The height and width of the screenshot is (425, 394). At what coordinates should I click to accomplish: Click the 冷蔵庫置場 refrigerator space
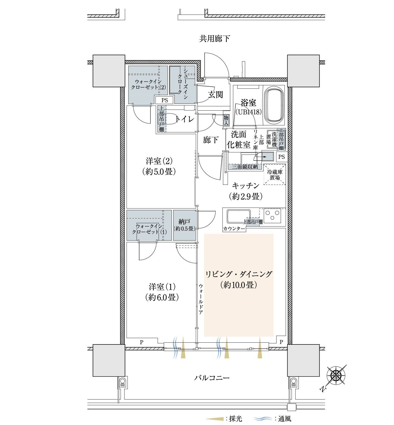(x=275, y=174)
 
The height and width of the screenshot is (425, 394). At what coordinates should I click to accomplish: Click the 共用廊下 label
(x=214, y=39)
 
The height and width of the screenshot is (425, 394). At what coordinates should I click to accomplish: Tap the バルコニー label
(x=212, y=378)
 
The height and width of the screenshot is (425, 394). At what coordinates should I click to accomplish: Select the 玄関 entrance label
(x=215, y=95)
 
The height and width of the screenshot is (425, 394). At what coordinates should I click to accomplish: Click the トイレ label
(x=185, y=119)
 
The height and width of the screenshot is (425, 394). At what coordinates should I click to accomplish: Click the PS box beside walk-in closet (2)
(x=164, y=100)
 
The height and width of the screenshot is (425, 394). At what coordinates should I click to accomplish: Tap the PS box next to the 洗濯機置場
(x=282, y=157)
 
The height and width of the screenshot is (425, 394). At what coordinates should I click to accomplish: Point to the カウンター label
(x=234, y=229)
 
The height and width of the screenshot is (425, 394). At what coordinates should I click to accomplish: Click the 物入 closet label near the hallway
(x=226, y=120)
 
